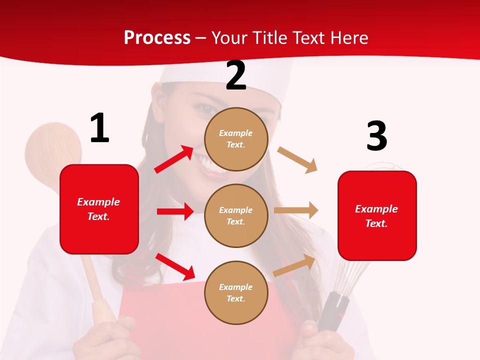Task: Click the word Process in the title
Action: [157, 37]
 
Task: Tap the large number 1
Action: [99, 128]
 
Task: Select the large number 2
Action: [236, 75]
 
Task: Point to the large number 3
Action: [376, 136]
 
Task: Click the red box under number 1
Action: [99, 209]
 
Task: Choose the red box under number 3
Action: [377, 215]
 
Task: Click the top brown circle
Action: [236, 139]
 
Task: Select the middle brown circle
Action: [236, 215]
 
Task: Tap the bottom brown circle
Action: [236, 292]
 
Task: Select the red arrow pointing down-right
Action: [175, 266]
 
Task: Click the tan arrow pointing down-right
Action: [297, 160]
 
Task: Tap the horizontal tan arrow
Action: [296, 210]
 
